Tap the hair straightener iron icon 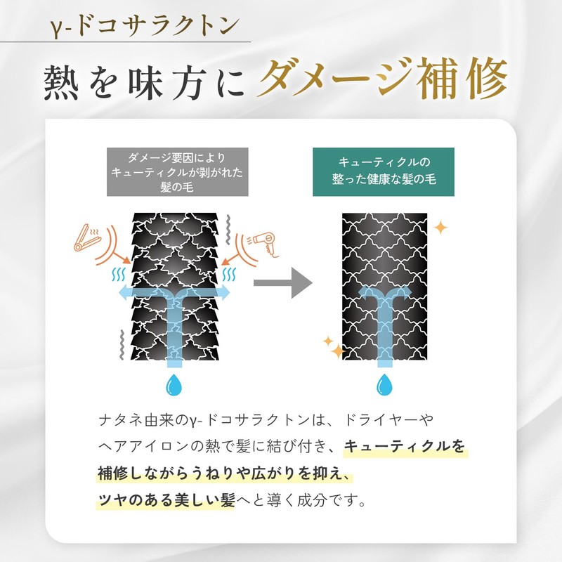(87, 237)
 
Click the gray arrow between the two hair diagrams (283, 283)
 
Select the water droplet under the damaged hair (174, 384)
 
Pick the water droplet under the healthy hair (384, 384)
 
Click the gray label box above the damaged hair (178, 172)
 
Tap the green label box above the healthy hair (384, 172)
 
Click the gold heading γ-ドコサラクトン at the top (145, 26)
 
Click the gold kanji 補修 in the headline (462, 79)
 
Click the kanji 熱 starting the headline (61, 82)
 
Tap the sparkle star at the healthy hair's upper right (440, 228)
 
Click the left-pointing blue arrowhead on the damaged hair (124, 293)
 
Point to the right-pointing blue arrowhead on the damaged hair (224, 293)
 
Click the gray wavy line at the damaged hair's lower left (122, 345)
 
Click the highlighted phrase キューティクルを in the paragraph (405, 447)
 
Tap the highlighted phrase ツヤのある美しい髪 (166, 500)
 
